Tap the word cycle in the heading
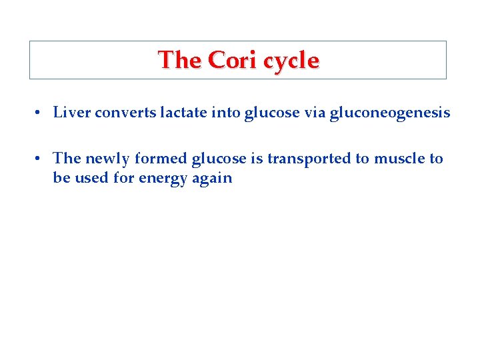click(291, 61)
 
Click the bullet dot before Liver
click(40, 113)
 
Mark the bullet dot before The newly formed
click(40, 159)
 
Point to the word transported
click(309, 159)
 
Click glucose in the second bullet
click(219, 159)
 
